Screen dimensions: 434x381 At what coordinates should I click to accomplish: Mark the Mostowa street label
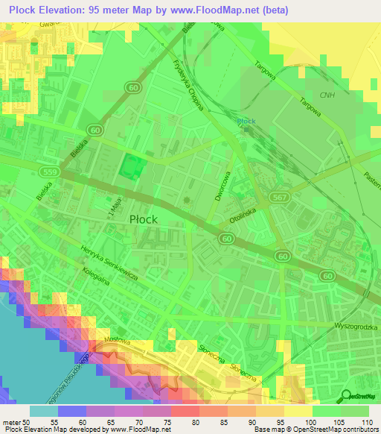[x=117, y=340]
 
